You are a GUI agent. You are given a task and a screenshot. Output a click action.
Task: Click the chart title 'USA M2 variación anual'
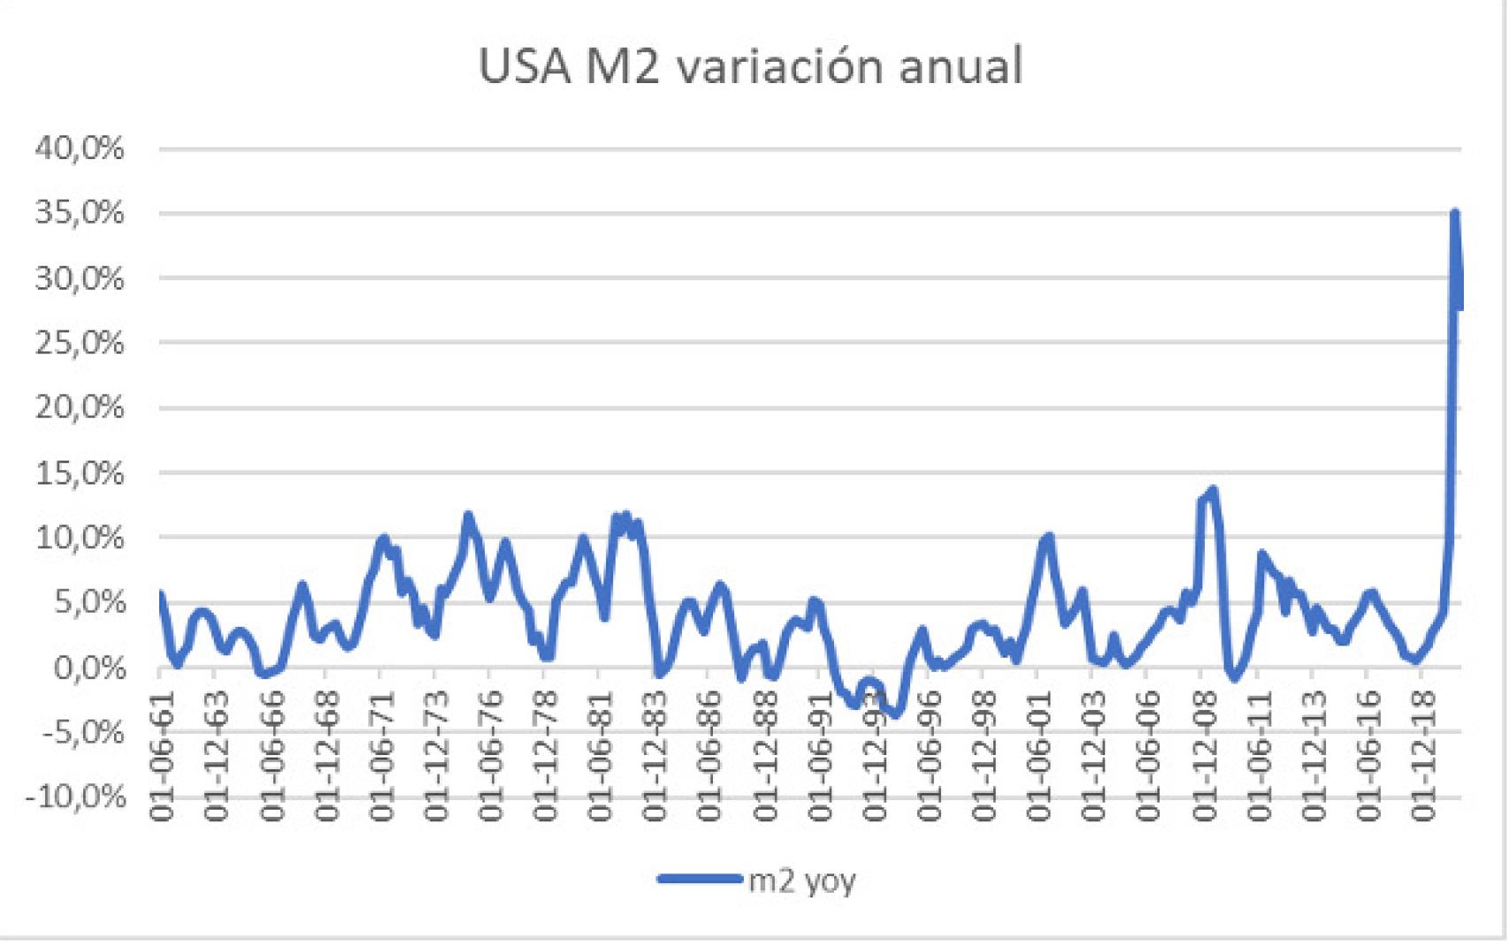click(x=750, y=65)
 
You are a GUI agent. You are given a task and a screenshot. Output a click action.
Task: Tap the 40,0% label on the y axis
click(x=80, y=148)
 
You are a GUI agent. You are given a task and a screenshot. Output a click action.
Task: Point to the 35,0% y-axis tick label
click(x=80, y=212)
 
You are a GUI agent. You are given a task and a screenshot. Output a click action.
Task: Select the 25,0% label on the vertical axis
click(x=80, y=342)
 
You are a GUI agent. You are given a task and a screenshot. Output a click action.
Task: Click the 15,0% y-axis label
click(x=80, y=472)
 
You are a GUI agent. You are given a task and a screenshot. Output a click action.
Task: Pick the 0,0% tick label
click(x=88, y=667)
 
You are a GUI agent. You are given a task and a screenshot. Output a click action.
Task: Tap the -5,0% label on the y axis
click(x=80, y=732)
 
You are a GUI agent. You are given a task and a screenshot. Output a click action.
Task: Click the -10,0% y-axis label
click(x=76, y=796)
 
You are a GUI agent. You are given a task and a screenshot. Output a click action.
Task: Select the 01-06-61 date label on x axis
click(x=162, y=756)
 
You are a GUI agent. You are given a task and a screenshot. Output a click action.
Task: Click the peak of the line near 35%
click(x=1454, y=213)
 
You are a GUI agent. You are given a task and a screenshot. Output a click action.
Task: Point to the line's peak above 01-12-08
click(x=1213, y=489)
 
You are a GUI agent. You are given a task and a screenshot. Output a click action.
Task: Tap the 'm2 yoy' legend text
click(x=801, y=880)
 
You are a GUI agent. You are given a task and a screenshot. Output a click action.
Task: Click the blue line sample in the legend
click(x=700, y=879)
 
